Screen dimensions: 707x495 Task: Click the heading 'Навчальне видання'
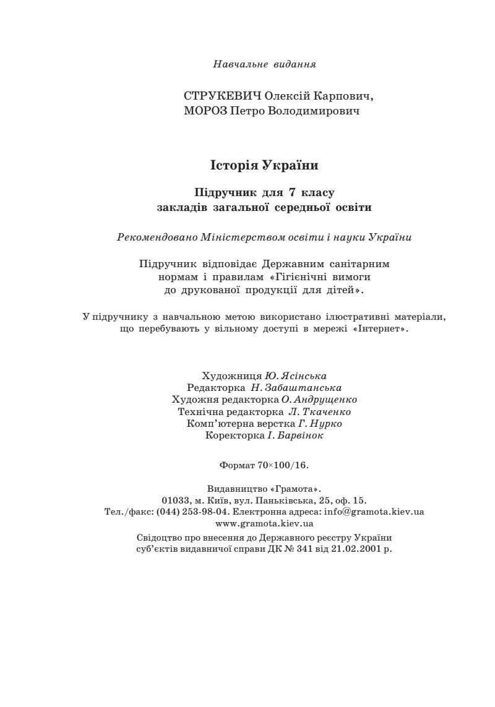(x=264, y=64)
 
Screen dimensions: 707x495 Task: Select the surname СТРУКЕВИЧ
(x=223, y=97)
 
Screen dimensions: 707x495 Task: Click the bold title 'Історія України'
(x=264, y=166)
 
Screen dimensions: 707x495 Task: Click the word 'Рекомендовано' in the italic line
(x=158, y=237)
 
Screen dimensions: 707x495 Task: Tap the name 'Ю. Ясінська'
(x=296, y=376)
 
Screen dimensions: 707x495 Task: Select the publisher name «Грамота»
(x=293, y=489)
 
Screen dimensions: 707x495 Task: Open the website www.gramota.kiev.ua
(x=264, y=524)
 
